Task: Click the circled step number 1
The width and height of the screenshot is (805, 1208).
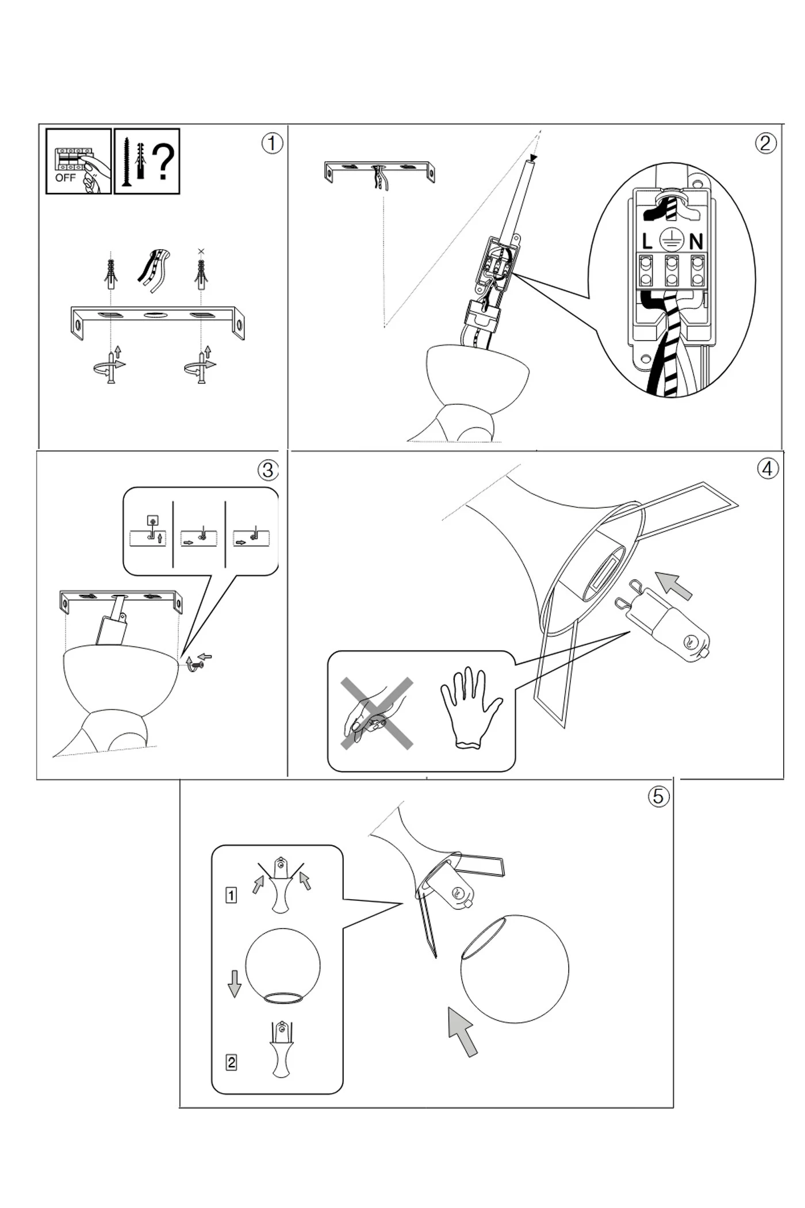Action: point(272,143)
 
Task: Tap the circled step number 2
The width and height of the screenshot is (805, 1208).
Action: point(765,143)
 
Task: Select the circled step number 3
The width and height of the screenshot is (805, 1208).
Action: point(267,471)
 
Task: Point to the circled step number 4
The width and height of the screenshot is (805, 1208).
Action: point(768,469)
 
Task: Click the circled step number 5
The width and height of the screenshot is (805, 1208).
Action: point(658,796)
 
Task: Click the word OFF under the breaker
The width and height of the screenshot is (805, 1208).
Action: point(65,178)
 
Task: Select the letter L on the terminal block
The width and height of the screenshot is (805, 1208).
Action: point(647,242)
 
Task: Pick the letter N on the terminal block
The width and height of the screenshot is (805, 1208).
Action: point(696,242)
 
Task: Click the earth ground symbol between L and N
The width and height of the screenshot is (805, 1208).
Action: point(671,239)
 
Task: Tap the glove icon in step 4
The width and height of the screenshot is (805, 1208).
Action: point(470,708)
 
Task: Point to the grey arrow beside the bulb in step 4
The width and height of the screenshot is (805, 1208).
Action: point(674,585)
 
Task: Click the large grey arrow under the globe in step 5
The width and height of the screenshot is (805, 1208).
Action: point(463,1031)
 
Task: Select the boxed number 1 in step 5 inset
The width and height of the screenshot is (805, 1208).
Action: point(231,895)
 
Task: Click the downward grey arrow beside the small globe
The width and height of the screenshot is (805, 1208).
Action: point(234,983)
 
